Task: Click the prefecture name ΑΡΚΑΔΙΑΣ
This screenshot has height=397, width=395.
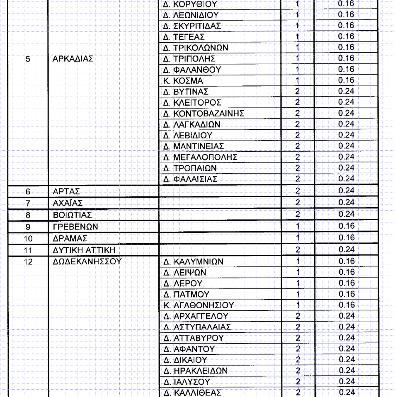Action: [73, 59]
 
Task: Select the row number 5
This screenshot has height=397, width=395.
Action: [28, 59]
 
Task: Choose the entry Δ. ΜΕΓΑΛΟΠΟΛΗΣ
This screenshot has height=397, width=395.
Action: [201, 157]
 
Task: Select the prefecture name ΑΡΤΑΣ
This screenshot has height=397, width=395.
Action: [66, 191]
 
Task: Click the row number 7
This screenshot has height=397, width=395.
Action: [28, 203]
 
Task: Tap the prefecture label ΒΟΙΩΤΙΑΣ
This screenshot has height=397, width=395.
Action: [72, 215]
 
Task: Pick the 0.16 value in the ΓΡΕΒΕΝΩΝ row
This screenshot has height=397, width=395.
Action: [346, 226]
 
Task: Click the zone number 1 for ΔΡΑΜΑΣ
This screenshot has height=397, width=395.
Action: [298, 238]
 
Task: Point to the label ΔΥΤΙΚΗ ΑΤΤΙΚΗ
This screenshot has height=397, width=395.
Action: [84, 250]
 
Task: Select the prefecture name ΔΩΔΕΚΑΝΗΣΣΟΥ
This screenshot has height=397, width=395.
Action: [87, 261]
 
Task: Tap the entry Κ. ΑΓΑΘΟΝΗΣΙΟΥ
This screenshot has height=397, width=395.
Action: [199, 305]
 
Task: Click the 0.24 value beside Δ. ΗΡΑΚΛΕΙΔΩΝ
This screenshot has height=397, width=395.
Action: [346, 370]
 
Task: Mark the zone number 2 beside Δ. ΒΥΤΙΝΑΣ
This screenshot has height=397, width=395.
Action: [298, 91]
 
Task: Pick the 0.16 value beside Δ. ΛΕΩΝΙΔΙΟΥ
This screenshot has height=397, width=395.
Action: [346, 15]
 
